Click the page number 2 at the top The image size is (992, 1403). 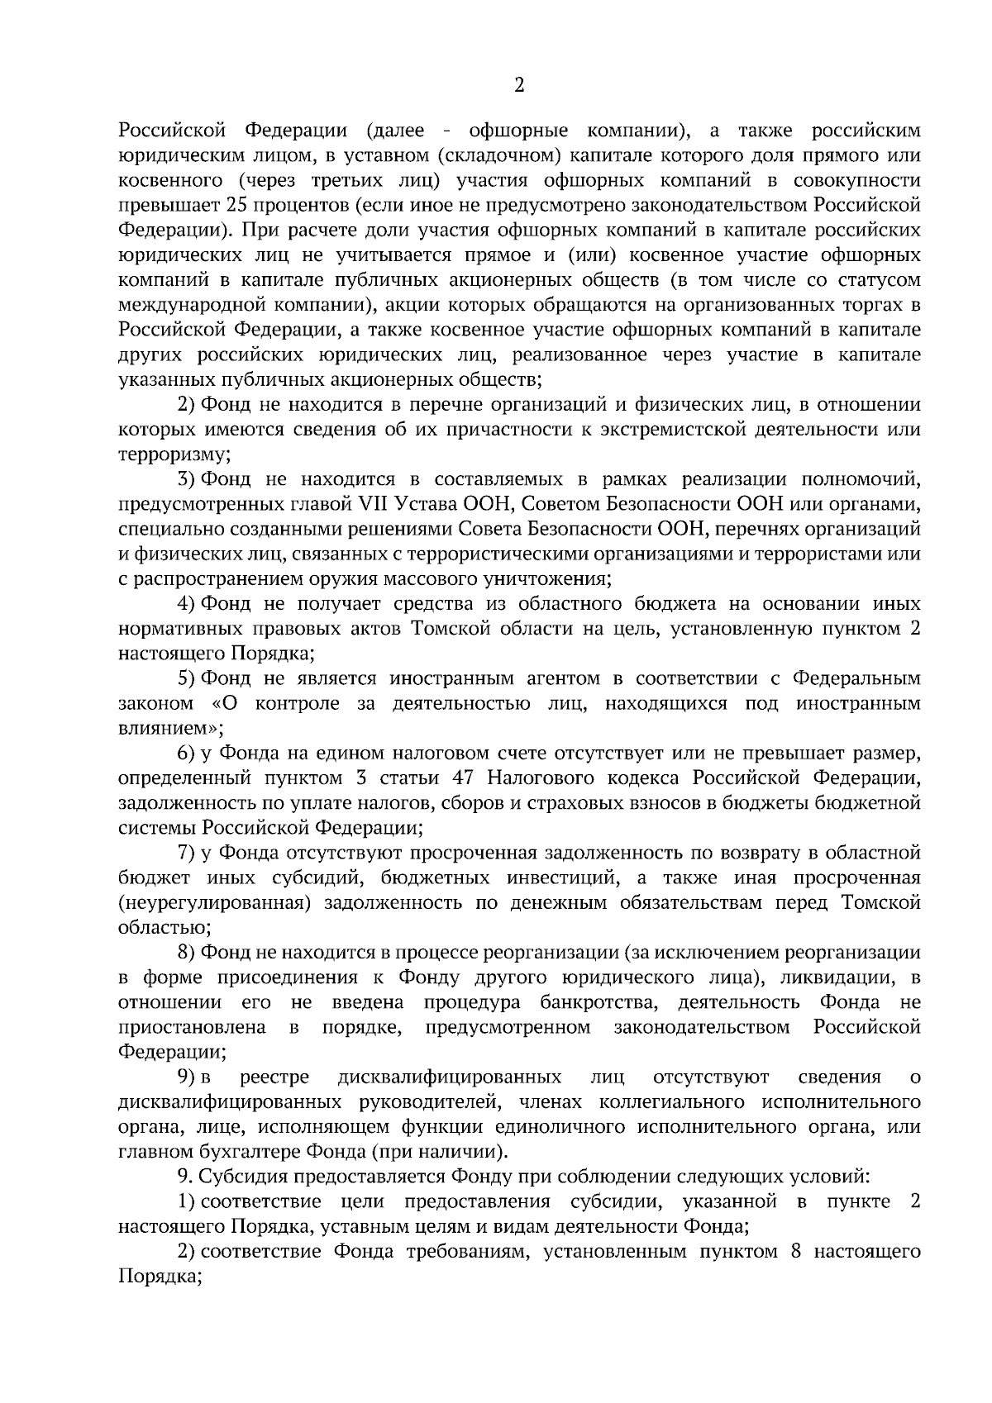(x=519, y=86)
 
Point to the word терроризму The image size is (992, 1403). (x=173, y=454)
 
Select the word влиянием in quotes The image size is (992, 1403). (x=169, y=729)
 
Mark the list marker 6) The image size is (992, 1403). (x=186, y=754)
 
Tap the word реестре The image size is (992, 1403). (x=274, y=1077)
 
